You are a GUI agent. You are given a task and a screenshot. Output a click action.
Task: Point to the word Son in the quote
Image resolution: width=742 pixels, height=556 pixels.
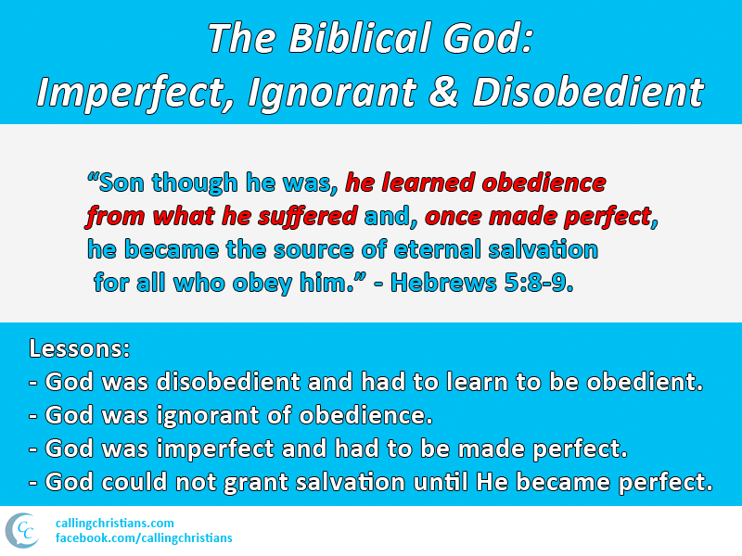tap(123, 183)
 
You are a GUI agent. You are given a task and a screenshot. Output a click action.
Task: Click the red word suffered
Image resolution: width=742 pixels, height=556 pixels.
tap(313, 217)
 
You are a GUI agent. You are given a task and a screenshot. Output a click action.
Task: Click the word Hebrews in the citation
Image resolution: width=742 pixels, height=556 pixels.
tap(431, 283)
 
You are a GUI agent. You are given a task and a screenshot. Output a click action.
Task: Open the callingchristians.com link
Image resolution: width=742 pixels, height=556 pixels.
tap(114, 524)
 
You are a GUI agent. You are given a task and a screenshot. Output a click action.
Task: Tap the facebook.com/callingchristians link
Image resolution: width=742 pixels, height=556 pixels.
tap(144, 538)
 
